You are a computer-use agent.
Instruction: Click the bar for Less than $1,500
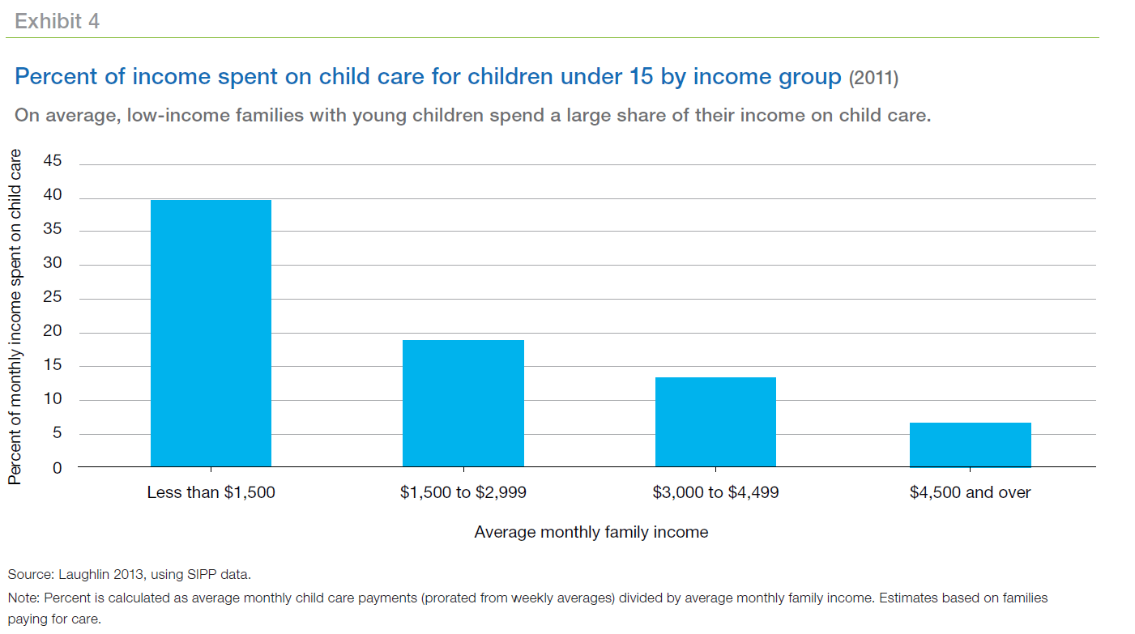211,333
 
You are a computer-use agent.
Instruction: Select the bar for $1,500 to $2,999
463,403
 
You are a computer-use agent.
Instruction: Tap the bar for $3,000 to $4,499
715,422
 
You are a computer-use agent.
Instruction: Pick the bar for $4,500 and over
970,445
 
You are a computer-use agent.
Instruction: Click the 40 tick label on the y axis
53,197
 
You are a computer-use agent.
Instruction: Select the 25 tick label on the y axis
53,298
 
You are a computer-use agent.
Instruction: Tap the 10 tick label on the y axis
53,399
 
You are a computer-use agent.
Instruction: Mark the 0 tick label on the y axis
58,467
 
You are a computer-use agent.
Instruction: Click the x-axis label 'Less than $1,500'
211,492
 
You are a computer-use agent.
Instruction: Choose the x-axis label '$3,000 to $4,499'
715,492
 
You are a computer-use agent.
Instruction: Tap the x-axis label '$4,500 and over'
970,492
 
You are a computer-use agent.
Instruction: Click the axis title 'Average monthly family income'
591,532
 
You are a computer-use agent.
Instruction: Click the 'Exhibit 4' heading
57,21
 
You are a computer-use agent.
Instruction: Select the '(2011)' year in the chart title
873,79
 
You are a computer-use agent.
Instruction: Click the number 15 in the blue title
641,78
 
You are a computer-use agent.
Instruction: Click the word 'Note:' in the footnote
23,598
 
